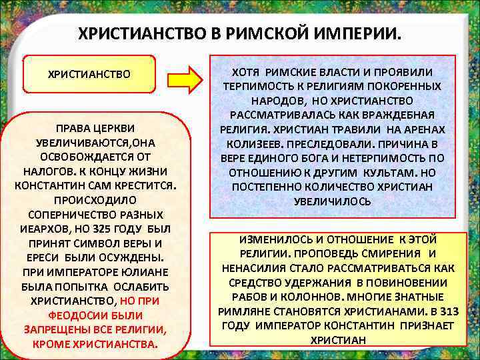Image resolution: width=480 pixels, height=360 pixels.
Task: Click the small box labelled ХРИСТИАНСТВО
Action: coord(89,73)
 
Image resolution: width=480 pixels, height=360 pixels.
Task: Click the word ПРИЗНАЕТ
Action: coord(423,325)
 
